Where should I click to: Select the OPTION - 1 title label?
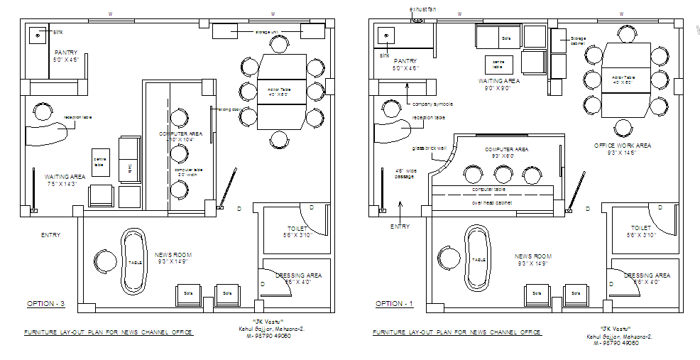pyautogui.click(x=394, y=304)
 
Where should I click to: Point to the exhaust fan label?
pyautogui.click(x=422, y=9)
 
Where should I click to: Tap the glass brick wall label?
pyautogui.click(x=428, y=148)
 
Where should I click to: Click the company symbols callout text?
pyautogui.click(x=432, y=104)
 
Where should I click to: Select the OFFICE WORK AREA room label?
pyautogui.click(x=623, y=146)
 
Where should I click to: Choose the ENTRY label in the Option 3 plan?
pyautogui.click(x=50, y=235)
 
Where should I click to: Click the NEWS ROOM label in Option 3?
pyautogui.click(x=173, y=255)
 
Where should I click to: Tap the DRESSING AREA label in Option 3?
pyautogui.click(x=298, y=275)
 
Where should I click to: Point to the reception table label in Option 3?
pyautogui.click(x=76, y=117)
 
